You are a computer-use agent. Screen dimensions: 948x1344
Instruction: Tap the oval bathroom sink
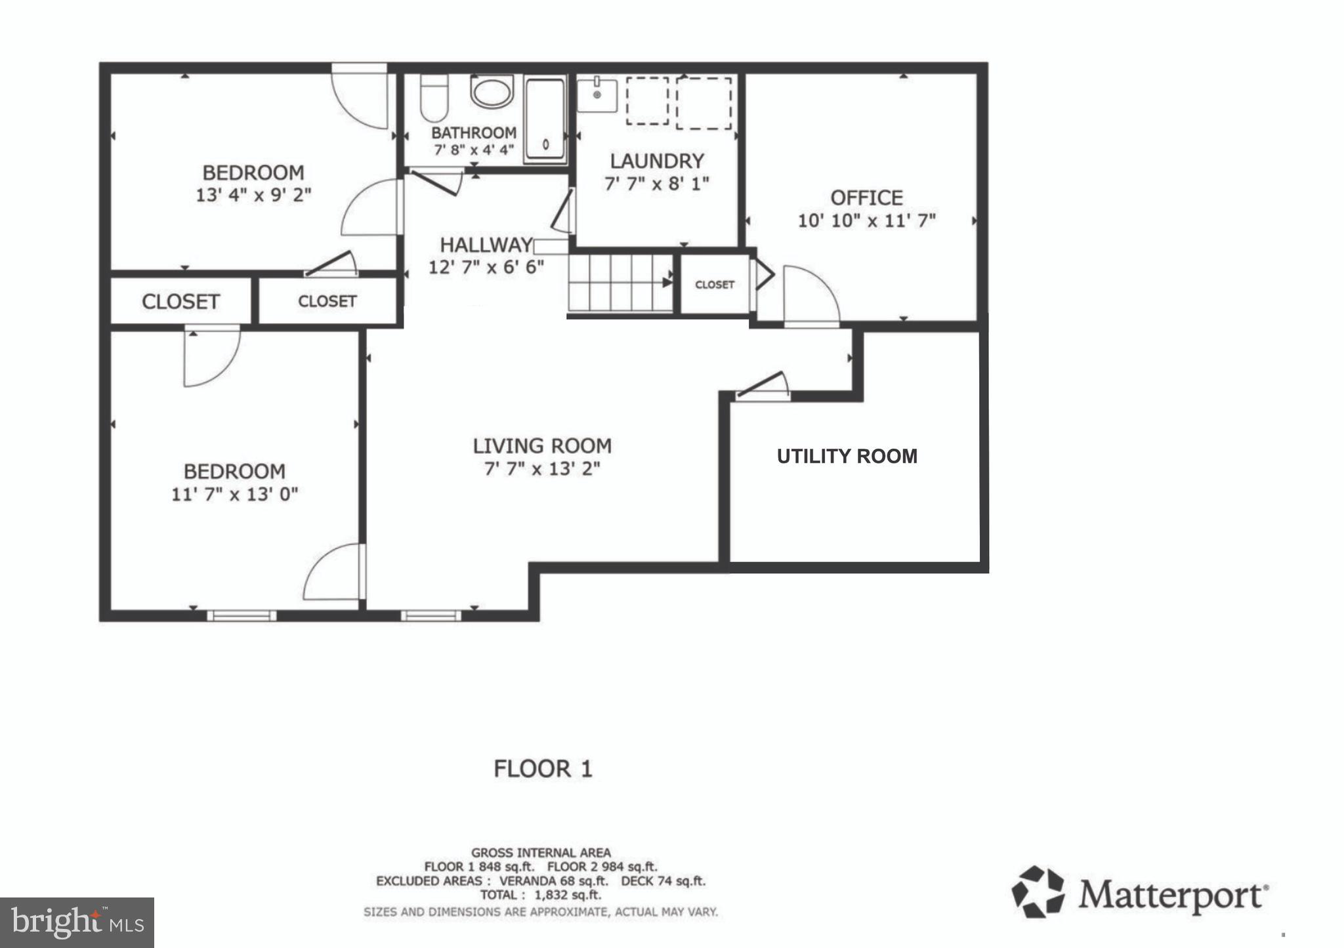click(491, 93)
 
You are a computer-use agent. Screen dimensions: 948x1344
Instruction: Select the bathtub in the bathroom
click(544, 121)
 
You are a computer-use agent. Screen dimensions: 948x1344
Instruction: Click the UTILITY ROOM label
click(847, 457)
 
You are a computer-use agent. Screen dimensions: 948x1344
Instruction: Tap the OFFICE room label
click(866, 197)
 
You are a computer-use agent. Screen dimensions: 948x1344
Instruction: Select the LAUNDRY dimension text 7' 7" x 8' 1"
click(656, 184)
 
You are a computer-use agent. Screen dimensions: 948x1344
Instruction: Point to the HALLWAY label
click(486, 245)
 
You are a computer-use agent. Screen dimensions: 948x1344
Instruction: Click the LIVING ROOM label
click(542, 446)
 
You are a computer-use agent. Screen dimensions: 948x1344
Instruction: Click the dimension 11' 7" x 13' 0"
click(234, 494)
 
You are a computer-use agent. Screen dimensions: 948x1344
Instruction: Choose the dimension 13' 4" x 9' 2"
click(253, 195)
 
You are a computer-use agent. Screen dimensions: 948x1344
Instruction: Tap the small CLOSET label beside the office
click(714, 285)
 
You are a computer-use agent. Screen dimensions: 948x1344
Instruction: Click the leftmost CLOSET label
click(180, 302)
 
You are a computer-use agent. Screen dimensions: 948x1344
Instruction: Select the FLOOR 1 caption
click(543, 768)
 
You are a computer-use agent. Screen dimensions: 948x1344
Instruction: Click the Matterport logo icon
click(1037, 892)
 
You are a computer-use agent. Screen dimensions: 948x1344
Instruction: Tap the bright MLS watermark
click(77, 922)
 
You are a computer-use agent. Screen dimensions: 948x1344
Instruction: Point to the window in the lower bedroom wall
click(241, 615)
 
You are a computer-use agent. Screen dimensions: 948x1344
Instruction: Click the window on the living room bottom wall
click(430, 615)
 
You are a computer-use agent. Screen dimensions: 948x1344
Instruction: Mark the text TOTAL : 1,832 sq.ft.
click(540, 895)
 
